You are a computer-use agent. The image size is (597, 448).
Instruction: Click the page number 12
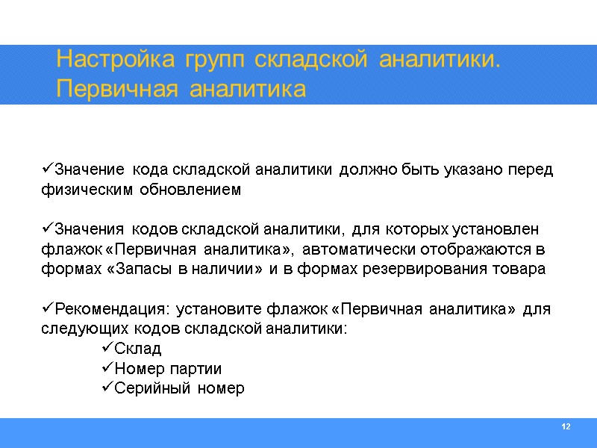(565, 426)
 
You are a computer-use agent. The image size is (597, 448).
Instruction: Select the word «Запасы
(141, 269)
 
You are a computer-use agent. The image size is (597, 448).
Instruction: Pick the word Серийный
(149, 389)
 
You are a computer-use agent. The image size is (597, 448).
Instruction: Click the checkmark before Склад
(105, 349)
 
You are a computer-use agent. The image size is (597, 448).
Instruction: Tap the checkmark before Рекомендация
(47, 309)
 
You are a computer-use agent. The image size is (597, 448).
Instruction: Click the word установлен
(497, 228)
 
